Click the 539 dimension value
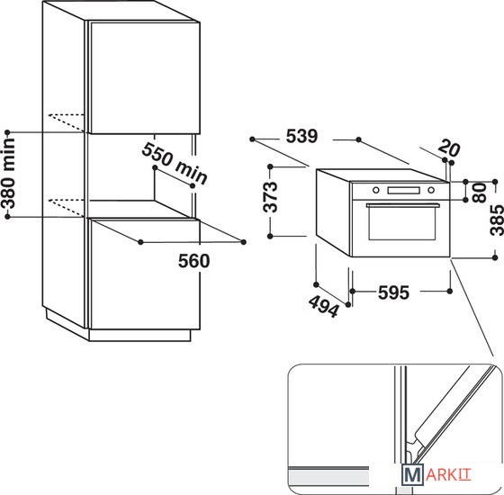point(301,136)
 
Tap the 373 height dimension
point(270,197)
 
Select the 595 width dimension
point(393,292)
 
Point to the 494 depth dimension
point(324,306)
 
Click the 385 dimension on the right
point(497,220)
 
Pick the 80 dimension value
point(479,193)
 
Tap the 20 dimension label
point(449,148)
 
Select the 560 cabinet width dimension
point(193,261)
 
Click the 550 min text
point(175,164)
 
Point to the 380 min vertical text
point(9,174)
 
